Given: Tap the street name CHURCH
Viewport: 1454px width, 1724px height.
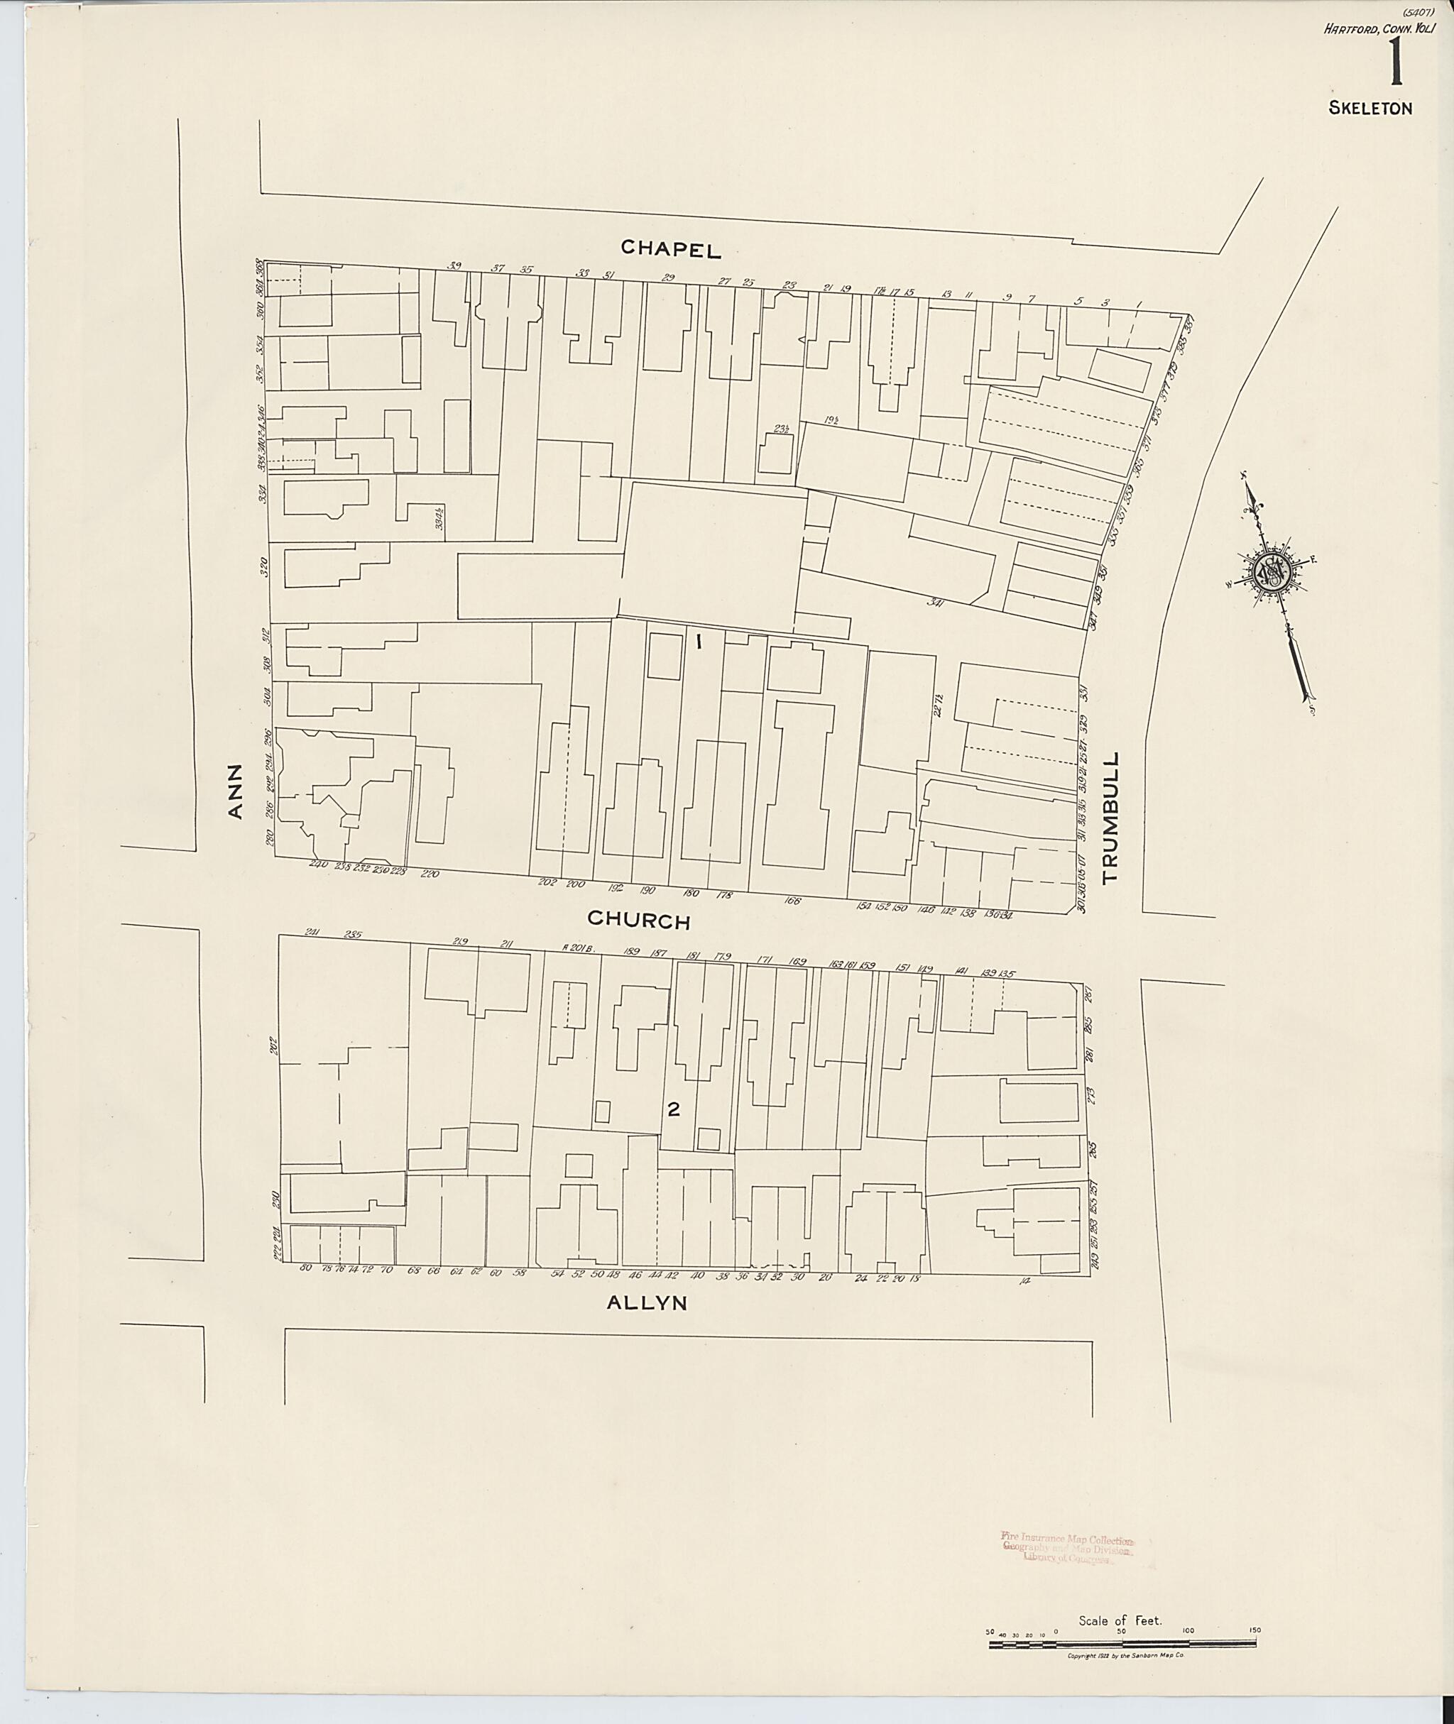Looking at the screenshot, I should click(639, 921).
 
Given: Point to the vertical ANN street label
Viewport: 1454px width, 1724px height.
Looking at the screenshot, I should click(236, 791).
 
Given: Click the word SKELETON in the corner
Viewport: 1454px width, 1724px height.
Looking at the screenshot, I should click(1370, 108).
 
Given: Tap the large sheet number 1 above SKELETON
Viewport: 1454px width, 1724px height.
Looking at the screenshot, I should click(1396, 65).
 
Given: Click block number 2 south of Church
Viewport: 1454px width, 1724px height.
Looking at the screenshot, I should click(674, 1110).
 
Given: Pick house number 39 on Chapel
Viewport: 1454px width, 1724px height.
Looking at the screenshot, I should click(454, 265).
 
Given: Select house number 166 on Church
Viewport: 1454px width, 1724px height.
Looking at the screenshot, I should click(793, 901).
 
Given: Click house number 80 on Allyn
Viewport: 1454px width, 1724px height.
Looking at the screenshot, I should click(306, 1268).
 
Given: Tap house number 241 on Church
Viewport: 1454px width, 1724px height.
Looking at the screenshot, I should click(312, 932).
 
